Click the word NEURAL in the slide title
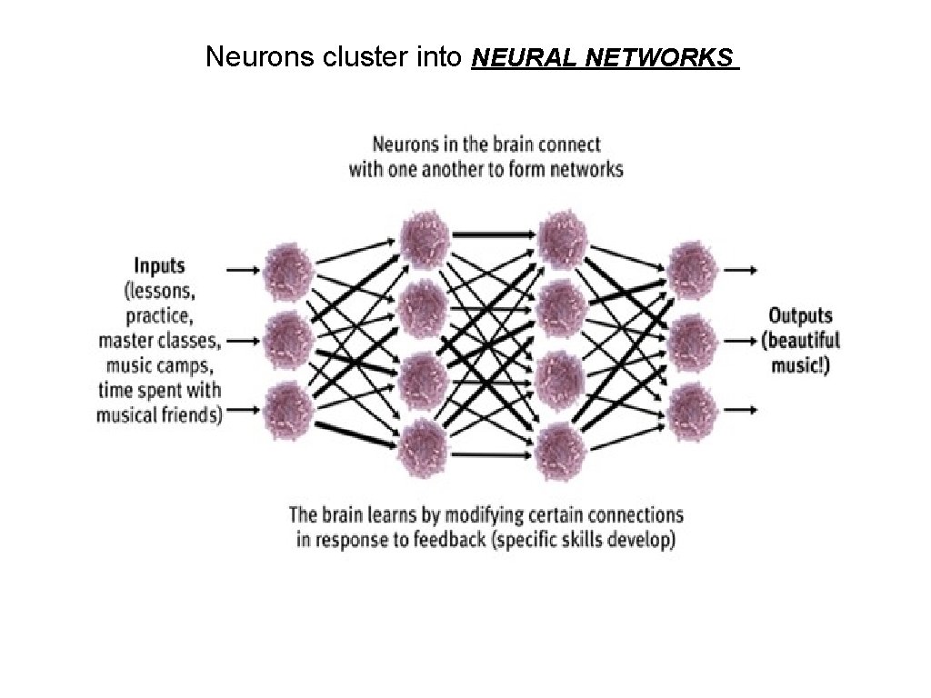[x=526, y=58]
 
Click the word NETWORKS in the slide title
[x=659, y=58]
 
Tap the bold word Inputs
[x=159, y=266]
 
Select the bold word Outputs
[x=800, y=315]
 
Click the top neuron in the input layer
[x=290, y=270]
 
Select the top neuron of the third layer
[x=562, y=237]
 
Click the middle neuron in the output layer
[x=694, y=339]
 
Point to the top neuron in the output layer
[x=694, y=269]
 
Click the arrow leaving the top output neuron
[x=742, y=270]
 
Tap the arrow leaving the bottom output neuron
[x=742, y=410]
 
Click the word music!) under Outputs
[x=800, y=366]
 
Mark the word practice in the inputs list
[x=159, y=316]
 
